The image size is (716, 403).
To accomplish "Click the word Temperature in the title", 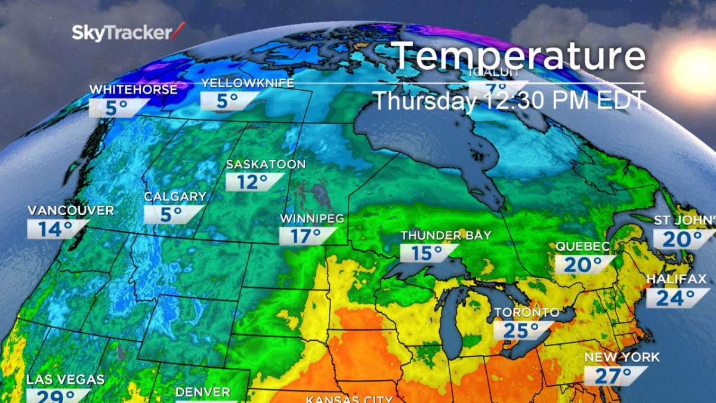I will click(519, 56).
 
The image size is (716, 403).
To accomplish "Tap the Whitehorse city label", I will click(133, 90).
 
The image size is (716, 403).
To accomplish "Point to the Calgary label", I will click(175, 196).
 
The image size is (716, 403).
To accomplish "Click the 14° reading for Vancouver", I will click(55, 229).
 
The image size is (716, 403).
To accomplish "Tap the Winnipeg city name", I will click(312, 219).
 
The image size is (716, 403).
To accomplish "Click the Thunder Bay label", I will click(446, 236).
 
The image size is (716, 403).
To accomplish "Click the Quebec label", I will click(582, 247).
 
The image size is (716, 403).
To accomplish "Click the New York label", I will click(622, 358).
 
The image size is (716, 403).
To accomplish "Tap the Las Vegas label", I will click(65, 379).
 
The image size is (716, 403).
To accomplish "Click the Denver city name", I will click(202, 392).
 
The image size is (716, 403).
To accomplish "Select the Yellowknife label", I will click(248, 83).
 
